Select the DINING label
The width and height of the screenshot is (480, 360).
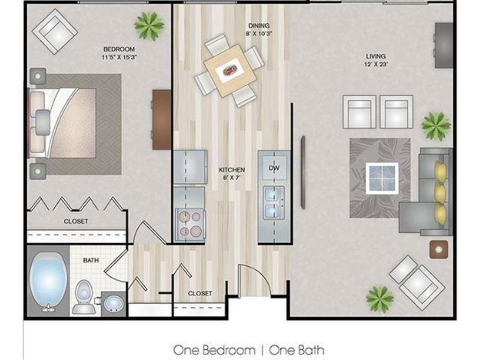coord(259,26)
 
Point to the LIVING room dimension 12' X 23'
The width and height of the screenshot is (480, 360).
coord(376,64)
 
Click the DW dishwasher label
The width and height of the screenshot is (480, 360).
coord(274,168)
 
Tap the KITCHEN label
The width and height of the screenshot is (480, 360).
coord(232,170)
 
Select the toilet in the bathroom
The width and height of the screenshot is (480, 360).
coord(83,296)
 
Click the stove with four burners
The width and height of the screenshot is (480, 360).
coord(189,224)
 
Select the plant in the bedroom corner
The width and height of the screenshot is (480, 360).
coord(149,25)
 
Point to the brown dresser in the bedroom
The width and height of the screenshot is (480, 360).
coord(161,120)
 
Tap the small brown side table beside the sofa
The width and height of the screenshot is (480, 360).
coord(438,249)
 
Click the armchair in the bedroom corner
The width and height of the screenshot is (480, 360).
coord(54,31)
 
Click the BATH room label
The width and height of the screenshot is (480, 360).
coord(90,260)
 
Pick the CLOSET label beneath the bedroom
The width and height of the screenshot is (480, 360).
coord(76,221)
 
